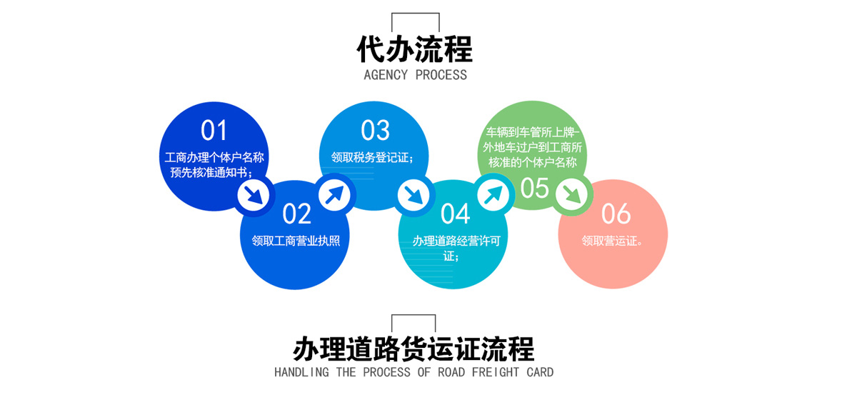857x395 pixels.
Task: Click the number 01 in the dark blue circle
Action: (214, 130)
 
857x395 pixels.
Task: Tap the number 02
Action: (296, 214)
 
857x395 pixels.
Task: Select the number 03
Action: (376, 130)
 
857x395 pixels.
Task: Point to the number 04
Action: (456, 214)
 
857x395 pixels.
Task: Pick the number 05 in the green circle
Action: (535, 188)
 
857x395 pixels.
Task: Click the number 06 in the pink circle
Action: (616, 214)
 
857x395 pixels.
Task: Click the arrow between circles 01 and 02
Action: (254, 195)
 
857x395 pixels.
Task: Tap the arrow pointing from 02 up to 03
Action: (334, 195)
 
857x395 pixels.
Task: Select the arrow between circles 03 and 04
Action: (414, 195)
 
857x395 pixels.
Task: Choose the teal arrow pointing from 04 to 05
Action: (493, 195)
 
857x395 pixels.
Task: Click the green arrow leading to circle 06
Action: (573, 195)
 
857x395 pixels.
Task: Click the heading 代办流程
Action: (415, 49)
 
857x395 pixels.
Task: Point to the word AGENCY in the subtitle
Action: (386, 75)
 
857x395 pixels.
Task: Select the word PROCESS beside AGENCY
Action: (441, 75)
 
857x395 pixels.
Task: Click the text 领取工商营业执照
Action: (296, 241)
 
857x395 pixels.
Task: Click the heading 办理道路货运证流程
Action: (414, 349)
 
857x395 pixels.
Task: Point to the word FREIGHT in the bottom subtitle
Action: (496, 372)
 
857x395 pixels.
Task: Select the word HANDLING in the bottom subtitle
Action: (301, 372)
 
